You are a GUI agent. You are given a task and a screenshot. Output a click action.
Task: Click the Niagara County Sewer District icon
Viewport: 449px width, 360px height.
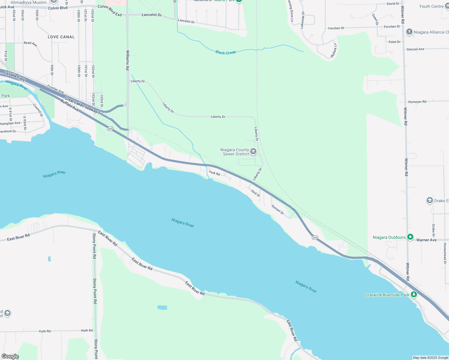click(253, 151)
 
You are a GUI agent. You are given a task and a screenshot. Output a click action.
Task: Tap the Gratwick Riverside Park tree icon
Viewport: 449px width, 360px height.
click(414, 295)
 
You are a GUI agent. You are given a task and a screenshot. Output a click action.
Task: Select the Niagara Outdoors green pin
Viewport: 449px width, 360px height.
click(410, 237)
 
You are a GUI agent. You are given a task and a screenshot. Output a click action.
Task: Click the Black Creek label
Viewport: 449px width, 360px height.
click(226, 52)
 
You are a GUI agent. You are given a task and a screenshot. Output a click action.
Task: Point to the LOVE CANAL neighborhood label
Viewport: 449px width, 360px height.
click(61, 37)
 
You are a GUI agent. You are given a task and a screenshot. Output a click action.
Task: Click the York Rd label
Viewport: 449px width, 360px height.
click(214, 173)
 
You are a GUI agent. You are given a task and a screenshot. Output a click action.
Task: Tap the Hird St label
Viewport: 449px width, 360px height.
click(255, 193)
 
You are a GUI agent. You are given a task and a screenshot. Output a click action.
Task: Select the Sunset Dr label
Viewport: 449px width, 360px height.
click(278, 209)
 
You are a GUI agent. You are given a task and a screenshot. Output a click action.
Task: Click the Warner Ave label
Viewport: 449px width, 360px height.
click(426, 240)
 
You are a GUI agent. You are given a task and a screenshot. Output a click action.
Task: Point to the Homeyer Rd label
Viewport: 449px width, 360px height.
click(417, 102)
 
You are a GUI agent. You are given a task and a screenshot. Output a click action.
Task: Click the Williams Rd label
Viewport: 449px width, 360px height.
click(128, 60)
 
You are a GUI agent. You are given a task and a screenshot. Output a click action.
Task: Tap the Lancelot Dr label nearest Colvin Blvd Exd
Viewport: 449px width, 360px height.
click(152, 15)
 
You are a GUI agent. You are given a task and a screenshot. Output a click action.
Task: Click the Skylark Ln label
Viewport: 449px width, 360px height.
click(334, 50)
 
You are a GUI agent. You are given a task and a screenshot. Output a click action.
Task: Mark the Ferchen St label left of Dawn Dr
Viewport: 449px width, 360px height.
click(336, 28)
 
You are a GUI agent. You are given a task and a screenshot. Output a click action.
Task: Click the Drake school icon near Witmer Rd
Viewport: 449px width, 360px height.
click(429, 200)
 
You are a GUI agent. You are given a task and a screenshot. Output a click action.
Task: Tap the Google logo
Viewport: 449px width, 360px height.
click(10, 356)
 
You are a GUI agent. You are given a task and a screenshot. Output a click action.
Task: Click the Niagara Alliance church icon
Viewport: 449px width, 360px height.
click(409, 32)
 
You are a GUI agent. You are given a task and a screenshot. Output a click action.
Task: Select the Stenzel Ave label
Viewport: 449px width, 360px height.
click(415, 49)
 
